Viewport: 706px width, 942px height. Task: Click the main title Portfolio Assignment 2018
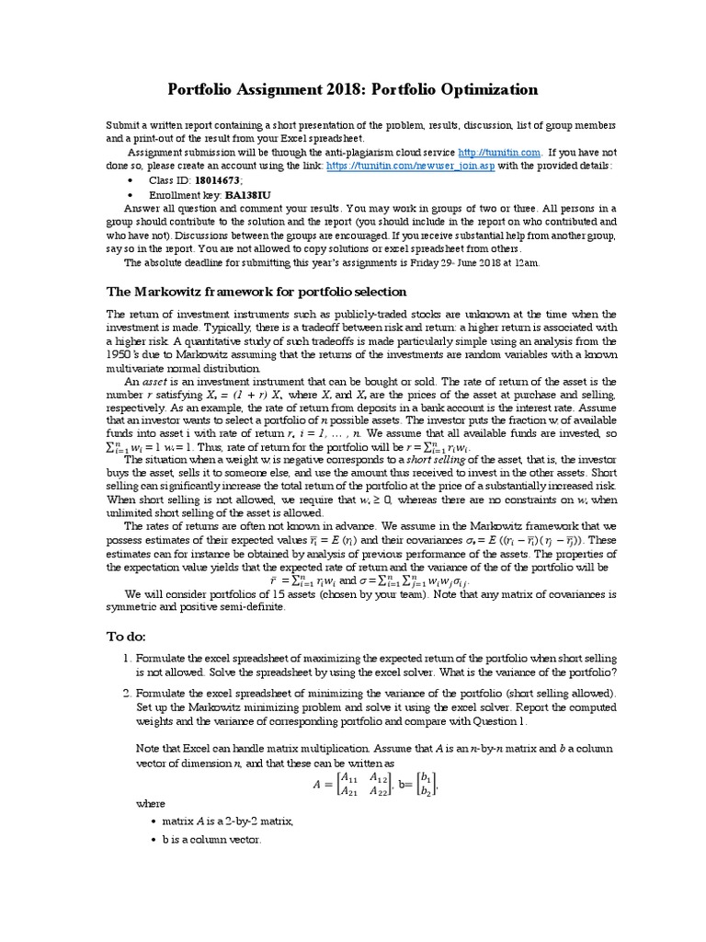coord(352,89)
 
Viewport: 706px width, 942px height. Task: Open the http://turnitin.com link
coord(499,152)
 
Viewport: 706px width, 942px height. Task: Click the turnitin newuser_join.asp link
coord(409,166)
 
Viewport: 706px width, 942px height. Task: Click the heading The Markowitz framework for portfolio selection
coord(256,292)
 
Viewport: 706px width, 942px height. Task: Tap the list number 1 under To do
coord(127,659)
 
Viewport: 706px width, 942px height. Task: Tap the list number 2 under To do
coord(127,692)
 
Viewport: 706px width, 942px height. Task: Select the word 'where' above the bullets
coord(151,803)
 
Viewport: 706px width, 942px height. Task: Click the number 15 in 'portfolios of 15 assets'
coord(233,593)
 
